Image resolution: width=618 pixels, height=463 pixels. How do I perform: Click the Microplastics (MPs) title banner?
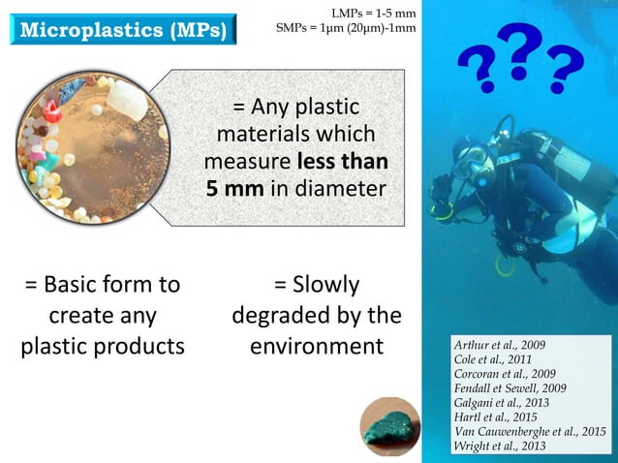[122, 29]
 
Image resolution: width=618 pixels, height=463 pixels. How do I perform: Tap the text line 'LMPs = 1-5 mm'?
[373, 13]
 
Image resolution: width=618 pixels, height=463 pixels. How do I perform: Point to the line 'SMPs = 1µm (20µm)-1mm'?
[346, 28]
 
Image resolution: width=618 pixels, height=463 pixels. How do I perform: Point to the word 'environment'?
[317, 346]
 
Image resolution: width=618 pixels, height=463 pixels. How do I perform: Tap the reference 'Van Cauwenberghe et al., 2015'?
[530, 431]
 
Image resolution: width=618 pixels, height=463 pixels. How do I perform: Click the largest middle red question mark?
[520, 53]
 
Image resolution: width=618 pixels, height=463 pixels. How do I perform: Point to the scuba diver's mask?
[466, 159]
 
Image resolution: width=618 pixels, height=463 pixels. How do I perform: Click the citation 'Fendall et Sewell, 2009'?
[510, 387]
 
